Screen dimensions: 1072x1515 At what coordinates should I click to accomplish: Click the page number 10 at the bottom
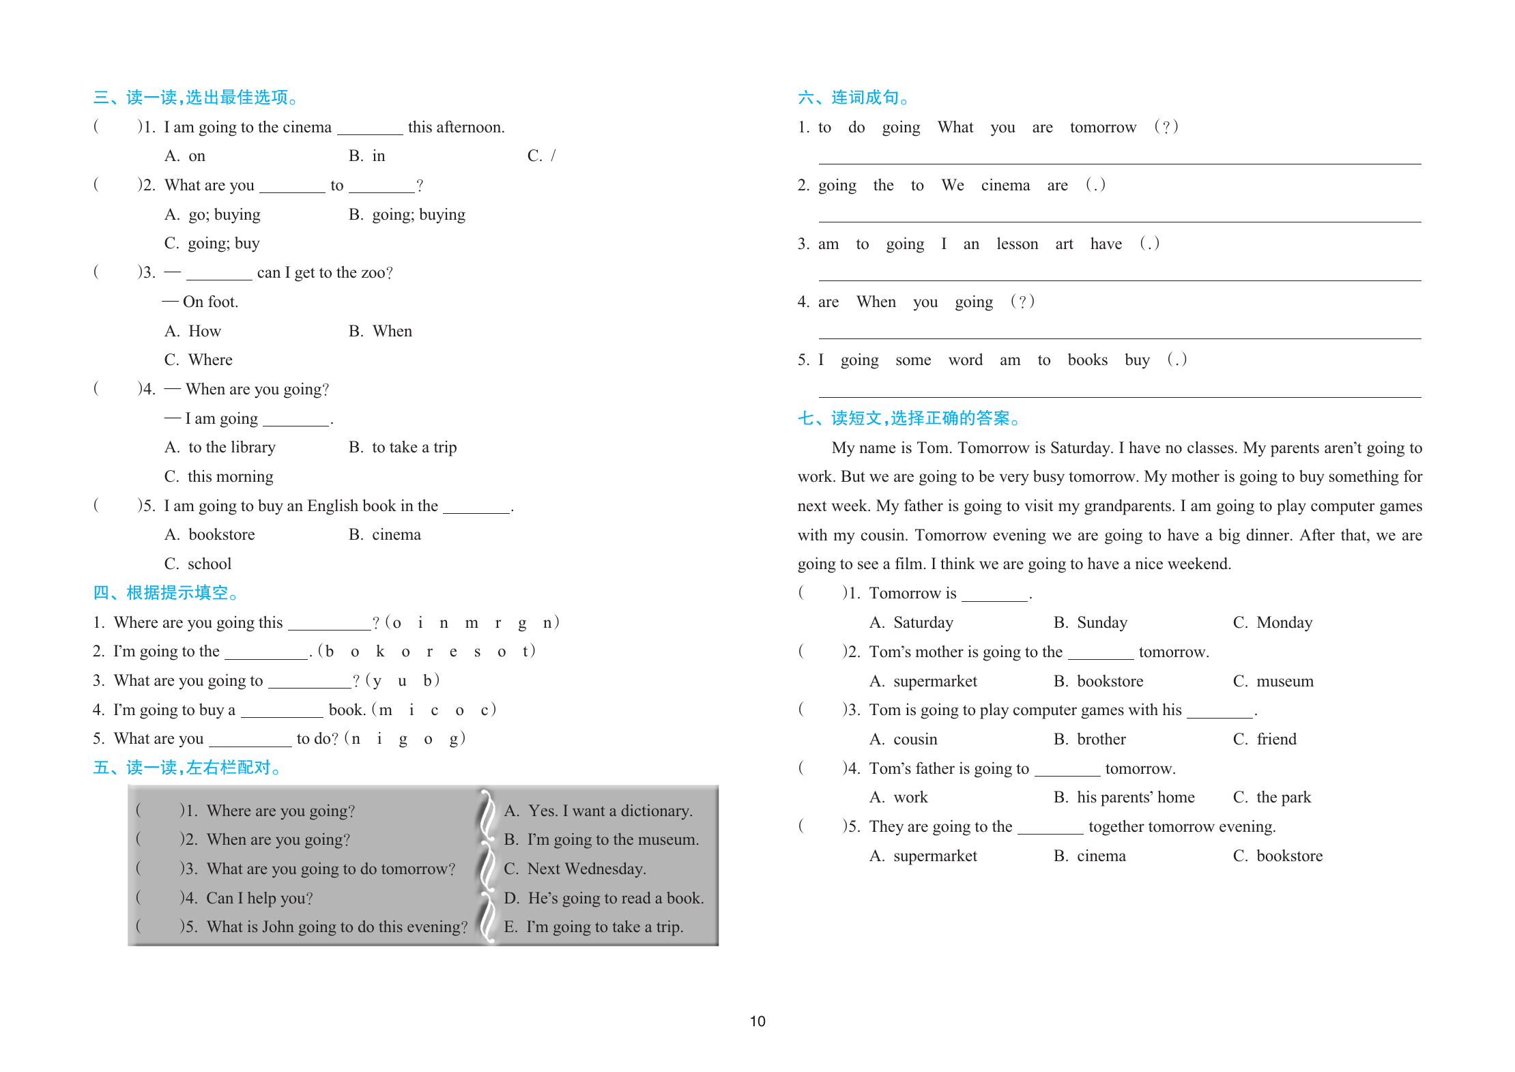pyautogui.click(x=757, y=1022)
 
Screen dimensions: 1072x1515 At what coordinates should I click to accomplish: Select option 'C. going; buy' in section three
pyautogui.click(x=212, y=244)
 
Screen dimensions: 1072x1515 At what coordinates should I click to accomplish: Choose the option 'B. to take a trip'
pyautogui.click(x=403, y=448)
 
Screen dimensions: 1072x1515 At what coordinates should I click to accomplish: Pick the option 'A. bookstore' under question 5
pyautogui.click(x=210, y=535)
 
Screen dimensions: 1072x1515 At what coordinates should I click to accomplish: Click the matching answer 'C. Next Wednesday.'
pyautogui.click(x=575, y=869)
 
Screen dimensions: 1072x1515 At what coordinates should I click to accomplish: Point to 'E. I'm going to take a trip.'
pyautogui.click(x=593, y=927)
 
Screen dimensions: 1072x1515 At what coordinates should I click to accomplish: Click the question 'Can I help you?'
pyautogui.click(x=259, y=898)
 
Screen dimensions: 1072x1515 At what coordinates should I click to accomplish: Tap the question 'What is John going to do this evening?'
pyautogui.click(x=337, y=927)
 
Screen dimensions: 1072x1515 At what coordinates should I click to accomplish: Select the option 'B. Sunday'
pyautogui.click(x=1090, y=622)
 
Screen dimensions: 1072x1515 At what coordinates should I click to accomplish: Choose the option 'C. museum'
pyautogui.click(x=1273, y=681)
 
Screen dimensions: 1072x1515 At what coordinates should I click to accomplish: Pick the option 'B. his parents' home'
pyautogui.click(x=1124, y=797)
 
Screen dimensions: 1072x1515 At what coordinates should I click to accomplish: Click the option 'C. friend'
pyautogui.click(x=1265, y=739)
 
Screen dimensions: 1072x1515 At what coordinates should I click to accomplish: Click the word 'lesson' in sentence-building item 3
pyautogui.click(x=1017, y=244)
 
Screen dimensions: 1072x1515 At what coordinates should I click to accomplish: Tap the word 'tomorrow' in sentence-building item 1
pyautogui.click(x=1103, y=128)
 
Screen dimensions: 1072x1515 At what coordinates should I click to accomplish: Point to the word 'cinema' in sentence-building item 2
pyautogui.click(x=1005, y=186)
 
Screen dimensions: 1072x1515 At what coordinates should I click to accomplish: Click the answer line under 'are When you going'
pyautogui.click(x=1119, y=337)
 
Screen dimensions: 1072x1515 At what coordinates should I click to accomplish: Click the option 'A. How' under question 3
pyautogui.click(x=193, y=332)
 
